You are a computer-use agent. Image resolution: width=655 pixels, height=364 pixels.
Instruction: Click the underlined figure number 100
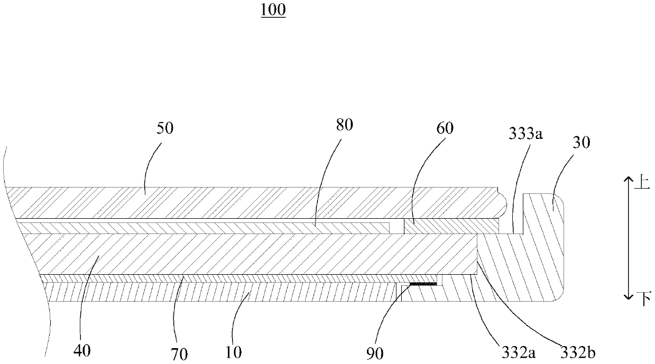tap(273, 11)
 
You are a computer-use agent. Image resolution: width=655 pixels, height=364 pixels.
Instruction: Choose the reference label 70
tap(179, 353)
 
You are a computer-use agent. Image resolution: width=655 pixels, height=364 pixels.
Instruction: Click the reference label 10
tap(233, 351)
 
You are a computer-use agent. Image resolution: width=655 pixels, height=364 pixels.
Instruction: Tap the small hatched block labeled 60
tap(449, 226)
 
